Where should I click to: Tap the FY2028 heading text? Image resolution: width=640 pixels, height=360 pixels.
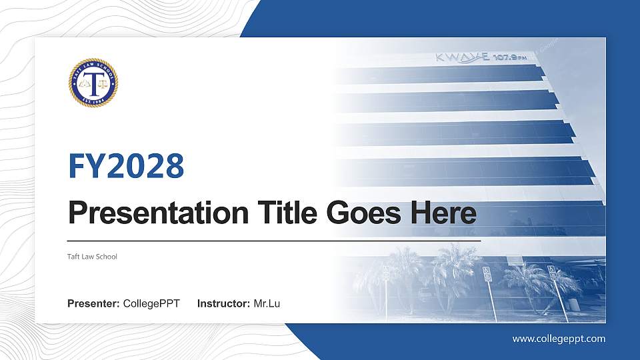[x=126, y=166]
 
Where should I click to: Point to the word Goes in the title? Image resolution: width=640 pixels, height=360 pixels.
[x=357, y=213]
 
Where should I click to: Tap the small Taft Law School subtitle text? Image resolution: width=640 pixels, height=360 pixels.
[x=93, y=257]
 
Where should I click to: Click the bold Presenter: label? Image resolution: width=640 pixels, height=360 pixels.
[x=93, y=304]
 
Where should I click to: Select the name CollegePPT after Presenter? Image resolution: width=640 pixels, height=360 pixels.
[x=151, y=304]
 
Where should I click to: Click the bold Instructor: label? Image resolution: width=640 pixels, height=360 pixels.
[x=224, y=304]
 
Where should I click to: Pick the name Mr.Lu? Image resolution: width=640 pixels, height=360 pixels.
[x=267, y=304]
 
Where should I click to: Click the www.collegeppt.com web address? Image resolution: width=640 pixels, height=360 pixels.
[x=559, y=339]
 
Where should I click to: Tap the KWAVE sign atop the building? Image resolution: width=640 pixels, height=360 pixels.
[x=462, y=57]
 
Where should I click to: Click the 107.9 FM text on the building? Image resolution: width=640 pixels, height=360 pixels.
[x=513, y=58]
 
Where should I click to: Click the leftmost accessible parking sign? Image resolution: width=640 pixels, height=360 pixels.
[x=385, y=273]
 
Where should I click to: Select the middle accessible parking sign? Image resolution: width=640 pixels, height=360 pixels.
[x=487, y=274]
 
